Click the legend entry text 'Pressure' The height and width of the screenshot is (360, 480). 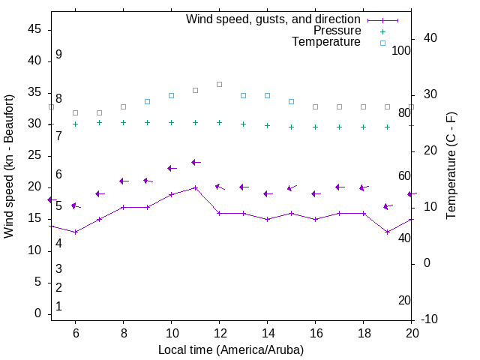pos(337,31)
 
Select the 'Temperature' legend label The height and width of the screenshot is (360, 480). pos(326,42)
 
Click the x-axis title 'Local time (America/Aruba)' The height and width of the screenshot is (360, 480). pos(231,349)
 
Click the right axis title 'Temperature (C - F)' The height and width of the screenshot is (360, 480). pos(451,166)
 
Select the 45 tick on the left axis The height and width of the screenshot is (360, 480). pos(34,29)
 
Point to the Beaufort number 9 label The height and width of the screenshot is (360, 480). pos(58,55)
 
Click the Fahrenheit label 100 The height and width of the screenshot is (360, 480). pos(401,50)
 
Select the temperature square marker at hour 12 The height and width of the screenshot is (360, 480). pos(219,84)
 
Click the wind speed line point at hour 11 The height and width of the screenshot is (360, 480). pos(195,187)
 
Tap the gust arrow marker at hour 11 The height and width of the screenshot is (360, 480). pos(195,162)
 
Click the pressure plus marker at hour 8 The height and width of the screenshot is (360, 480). pos(123,122)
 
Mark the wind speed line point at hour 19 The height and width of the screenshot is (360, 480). pos(387,232)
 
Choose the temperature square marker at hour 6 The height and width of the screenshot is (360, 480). pos(75,112)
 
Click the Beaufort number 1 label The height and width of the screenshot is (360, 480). pos(58,307)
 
